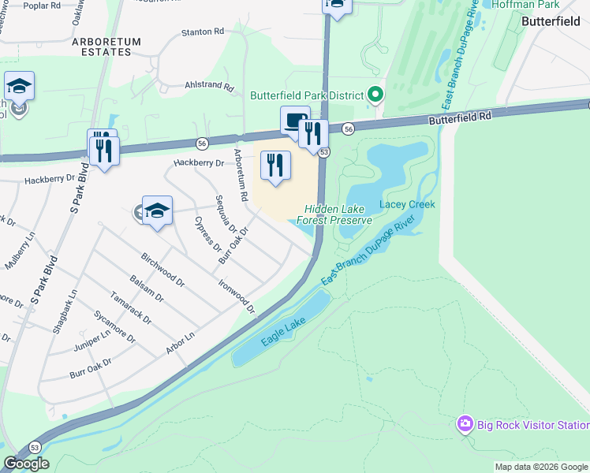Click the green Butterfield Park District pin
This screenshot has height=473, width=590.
pos(375,95)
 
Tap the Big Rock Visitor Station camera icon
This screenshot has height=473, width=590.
pos(465,425)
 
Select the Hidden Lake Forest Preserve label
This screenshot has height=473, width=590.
pos(334,214)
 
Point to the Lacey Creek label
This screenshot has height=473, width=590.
pos(407,204)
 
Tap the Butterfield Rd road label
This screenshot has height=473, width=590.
pos(460,115)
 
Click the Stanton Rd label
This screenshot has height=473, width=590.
pos(203,32)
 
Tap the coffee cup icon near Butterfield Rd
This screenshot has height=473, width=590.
pos(294,121)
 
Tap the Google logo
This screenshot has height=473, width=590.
pos(26,464)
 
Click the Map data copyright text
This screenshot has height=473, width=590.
pos(541,467)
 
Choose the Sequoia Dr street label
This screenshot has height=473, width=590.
pos(225,214)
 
